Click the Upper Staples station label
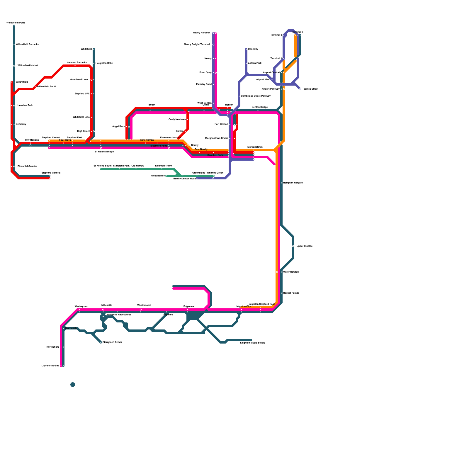coord(304,246)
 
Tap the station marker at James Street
coord(300,89)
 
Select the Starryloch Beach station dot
coord(101,342)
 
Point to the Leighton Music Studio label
coord(252,343)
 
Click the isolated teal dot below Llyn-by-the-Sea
coord(73,385)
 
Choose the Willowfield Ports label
coord(16,23)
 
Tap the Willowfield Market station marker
coord(14,66)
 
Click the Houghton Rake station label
coord(104,63)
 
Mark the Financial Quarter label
coord(27,166)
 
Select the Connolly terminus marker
coord(246,49)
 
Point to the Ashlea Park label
coord(254,63)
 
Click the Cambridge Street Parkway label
coord(256,96)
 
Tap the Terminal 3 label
coord(276,35)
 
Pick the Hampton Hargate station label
coord(293,183)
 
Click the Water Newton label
coord(291,272)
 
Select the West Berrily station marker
coord(166,176)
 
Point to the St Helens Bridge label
coord(104,152)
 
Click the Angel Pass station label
coord(118,127)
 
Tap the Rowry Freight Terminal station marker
coord(213,45)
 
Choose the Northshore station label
coord(53,347)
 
